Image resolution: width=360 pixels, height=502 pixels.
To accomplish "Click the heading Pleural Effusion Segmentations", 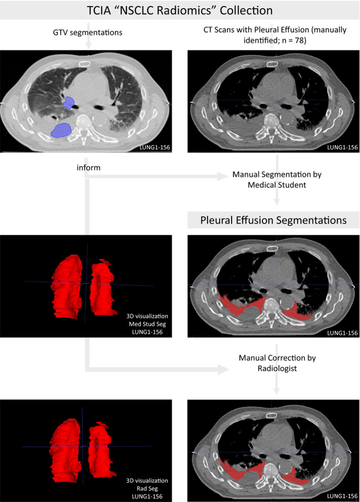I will click(x=274, y=221).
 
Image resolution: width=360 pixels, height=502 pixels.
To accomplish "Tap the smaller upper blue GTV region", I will click(x=68, y=103).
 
